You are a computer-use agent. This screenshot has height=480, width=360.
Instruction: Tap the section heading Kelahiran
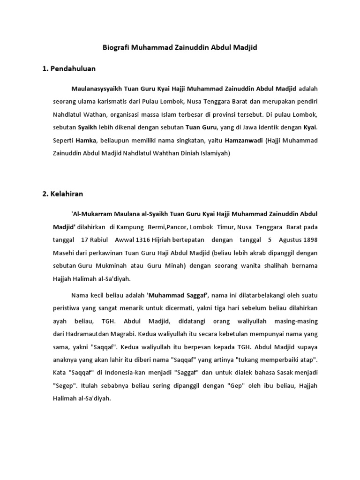(67, 193)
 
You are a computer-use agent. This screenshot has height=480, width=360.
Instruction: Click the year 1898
(310, 240)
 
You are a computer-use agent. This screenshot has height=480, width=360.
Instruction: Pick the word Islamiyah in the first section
(214, 153)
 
